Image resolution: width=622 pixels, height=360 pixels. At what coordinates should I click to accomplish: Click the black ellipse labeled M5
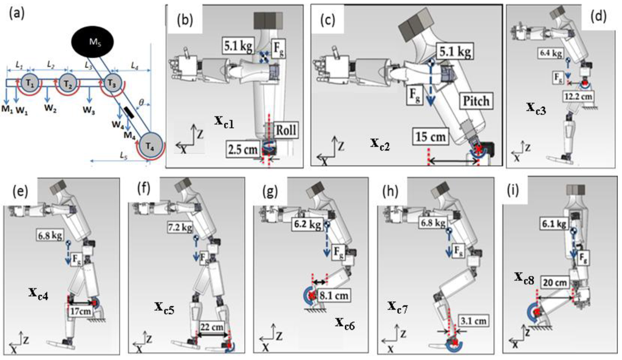click(91, 45)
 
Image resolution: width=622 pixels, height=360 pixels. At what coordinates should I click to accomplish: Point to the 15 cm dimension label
click(429, 135)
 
